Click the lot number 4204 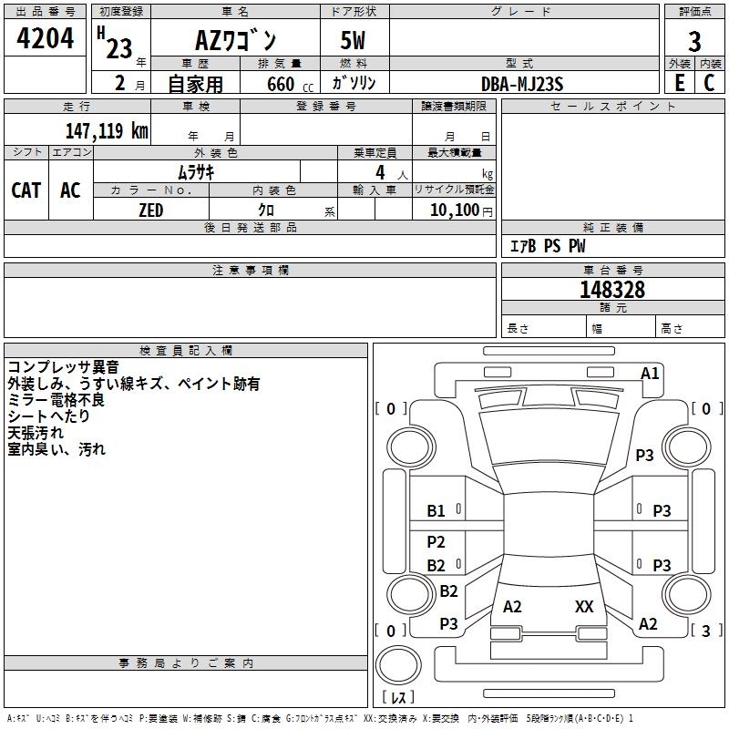tap(45, 38)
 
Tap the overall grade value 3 tap(694, 42)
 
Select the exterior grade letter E tap(680, 83)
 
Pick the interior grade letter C tap(709, 83)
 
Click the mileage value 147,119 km tap(107, 131)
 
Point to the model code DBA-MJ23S tap(522, 85)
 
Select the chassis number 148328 tap(612, 290)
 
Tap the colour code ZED tap(151, 210)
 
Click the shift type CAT tap(26, 190)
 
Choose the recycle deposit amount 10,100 tap(454, 210)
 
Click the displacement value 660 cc tap(290, 85)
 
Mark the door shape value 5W tap(353, 40)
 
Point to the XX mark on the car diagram tap(584, 606)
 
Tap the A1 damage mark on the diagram tap(650, 374)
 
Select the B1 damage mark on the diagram tap(436, 511)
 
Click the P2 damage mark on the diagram tap(436, 541)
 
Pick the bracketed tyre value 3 tap(705, 631)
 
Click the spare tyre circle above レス tap(398, 665)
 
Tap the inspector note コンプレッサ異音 tap(64, 367)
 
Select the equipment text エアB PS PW tap(548, 246)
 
